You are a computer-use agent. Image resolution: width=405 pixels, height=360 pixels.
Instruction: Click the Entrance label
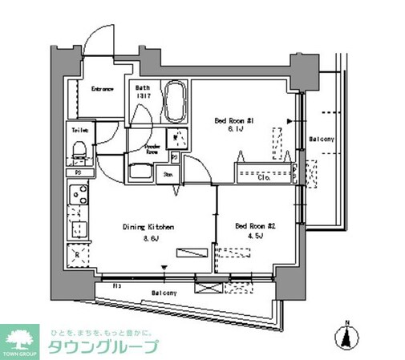coord(102,89)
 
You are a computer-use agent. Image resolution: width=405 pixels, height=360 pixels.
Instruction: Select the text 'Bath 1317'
coord(144,93)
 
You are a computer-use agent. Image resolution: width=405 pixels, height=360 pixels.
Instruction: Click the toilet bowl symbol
coord(79,149)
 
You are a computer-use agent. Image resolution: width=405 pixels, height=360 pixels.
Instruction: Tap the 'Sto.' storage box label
coord(169,173)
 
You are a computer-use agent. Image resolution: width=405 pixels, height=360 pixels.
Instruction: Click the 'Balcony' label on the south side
coord(165,293)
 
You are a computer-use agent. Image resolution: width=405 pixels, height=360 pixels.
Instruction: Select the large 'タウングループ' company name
coord(104,347)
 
